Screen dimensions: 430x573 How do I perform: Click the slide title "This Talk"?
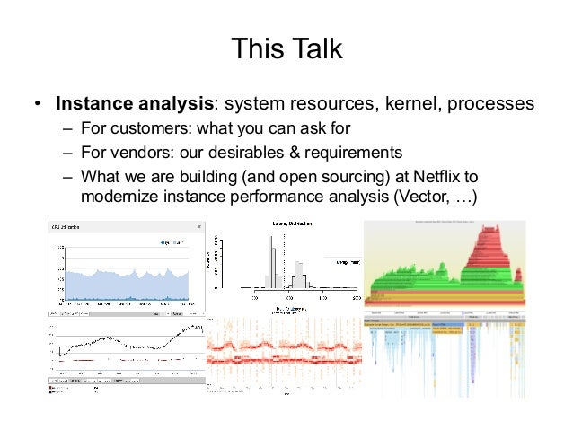(x=286, y=48)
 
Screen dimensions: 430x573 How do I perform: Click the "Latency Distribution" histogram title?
(x=286, y=222)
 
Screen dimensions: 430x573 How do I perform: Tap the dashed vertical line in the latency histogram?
(x=286, y=260)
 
